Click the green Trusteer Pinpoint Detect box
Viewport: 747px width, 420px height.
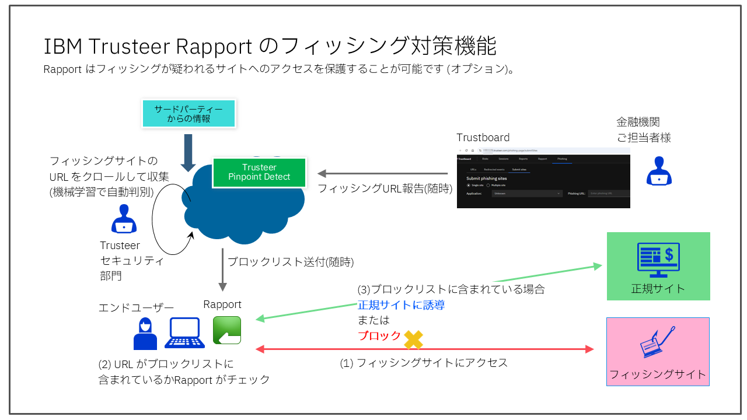(259, 172)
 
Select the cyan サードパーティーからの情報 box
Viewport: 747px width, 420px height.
(189, 114)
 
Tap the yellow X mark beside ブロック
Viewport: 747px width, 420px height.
(413, 339)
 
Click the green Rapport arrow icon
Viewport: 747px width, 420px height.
(227, 330)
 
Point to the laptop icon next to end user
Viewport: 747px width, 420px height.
(184, 332)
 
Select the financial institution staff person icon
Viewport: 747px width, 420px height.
(659, 171)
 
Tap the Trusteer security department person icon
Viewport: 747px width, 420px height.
(124, 219)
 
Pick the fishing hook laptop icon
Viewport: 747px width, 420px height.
(658, 342)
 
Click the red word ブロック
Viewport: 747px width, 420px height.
(379, 336)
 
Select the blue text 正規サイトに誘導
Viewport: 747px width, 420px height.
(401, 304)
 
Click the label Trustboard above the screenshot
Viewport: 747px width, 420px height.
(483, 138)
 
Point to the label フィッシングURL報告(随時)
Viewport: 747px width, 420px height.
(385, 188)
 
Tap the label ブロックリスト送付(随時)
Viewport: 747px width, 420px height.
(290, 262)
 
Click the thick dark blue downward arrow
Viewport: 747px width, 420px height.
(188, 152)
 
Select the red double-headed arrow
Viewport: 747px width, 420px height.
(424, 349)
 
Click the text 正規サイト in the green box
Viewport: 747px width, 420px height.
(658, 289)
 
